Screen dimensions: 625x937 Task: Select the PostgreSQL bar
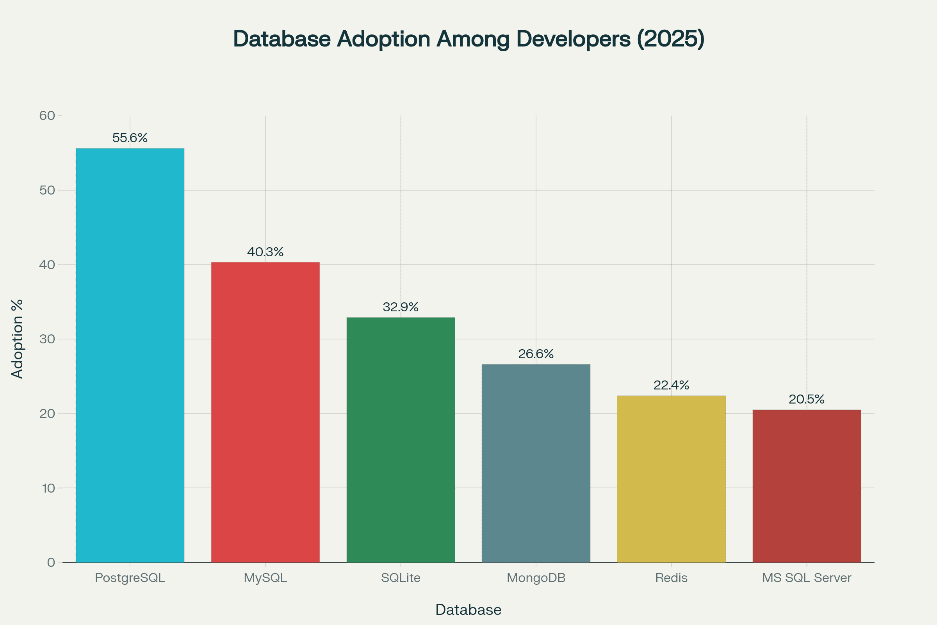(130, 355)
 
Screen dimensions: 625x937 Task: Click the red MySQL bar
(265, 412)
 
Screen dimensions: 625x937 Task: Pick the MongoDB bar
(536, 463)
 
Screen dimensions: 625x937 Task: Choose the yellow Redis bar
(671, 479)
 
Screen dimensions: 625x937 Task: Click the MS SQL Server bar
(807, 486)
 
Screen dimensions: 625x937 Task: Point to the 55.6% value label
(130, 138)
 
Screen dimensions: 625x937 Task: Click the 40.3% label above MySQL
(265, 252)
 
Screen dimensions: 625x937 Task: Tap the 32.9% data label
(401, 307)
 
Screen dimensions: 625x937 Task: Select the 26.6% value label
(536, 354)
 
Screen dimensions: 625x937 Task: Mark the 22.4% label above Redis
(671, 385)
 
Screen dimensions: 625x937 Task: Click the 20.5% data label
(807, 399)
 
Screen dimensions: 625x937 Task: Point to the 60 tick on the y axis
(47, 116)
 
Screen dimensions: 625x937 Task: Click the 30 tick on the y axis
(47, 339)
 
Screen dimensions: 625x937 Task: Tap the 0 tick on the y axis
(51, 562)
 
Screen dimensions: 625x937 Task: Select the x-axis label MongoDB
(536, 578)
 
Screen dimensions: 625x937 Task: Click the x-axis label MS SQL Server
(807, 578)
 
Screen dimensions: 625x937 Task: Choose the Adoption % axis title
(18, 339)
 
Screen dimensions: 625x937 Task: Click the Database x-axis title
(468, 610)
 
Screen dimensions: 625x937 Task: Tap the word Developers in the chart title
(574, 39)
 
